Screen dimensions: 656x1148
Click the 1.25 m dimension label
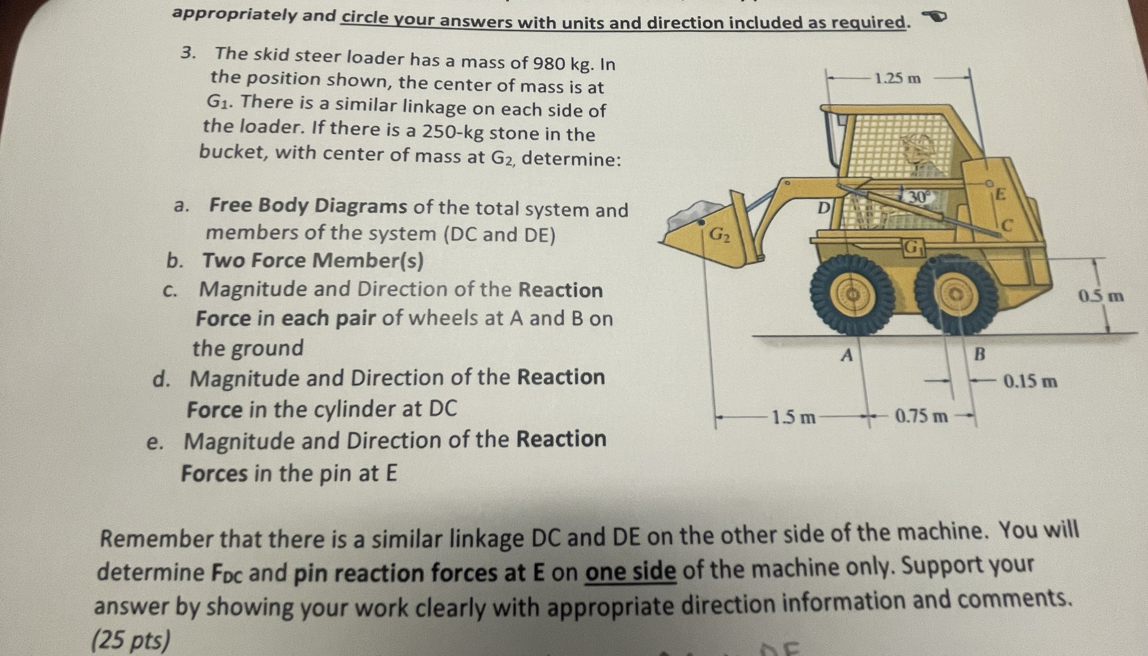(x=898, y=79)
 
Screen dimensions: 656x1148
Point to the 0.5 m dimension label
(x=1101, y=297)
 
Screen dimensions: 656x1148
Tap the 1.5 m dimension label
(x=793, y=417)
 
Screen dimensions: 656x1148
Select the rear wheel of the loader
(x=956, y=295)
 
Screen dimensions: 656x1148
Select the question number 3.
(x=188, y=53)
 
